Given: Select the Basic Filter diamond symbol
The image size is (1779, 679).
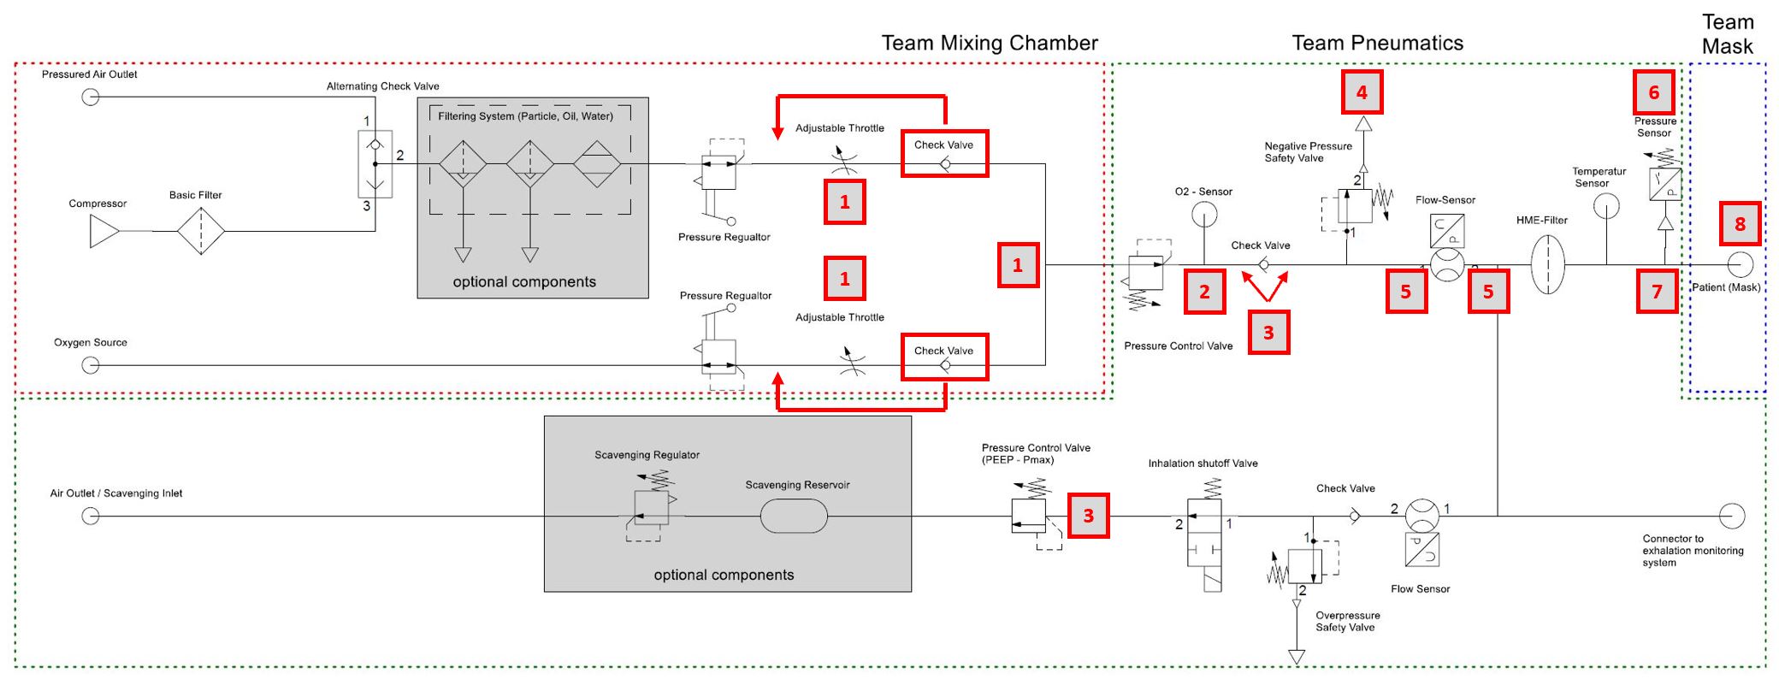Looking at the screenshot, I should (x=200, y=231).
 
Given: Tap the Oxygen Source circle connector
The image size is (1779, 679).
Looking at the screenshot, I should (x=90, y=366).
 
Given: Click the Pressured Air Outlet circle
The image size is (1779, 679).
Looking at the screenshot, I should (x=90, y=97).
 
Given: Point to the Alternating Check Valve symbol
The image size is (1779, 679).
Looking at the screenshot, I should (x=375, y=164).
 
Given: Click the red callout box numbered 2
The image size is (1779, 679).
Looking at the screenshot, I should (x=1204, y=292).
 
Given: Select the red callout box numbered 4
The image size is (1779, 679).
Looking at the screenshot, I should (x=1362, y=92).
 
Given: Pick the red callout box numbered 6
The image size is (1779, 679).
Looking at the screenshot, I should (x=1653, y=92).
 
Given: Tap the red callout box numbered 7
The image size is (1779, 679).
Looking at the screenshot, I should (x=1657, y=292).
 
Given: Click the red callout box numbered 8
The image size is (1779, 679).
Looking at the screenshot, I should (x=1740, y=224).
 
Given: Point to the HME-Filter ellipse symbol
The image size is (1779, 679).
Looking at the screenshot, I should (x=1547, y=265).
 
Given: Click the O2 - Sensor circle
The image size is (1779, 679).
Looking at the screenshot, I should (x=1204, y=214).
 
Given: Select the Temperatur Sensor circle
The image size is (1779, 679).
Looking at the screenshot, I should (x=1606, y=207).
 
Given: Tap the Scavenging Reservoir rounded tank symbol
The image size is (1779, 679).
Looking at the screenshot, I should (x=794, y=517).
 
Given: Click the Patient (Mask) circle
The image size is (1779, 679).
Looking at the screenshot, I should (x=1740, y=264).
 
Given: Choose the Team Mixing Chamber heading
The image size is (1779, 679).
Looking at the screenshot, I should (x=990, y=43).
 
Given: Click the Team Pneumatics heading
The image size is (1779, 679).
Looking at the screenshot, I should (x=1377, y=43).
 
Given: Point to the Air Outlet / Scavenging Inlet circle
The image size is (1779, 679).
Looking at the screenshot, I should (x=90, y=517).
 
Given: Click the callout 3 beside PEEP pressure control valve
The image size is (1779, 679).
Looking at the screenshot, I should (x=1088, y=516).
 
